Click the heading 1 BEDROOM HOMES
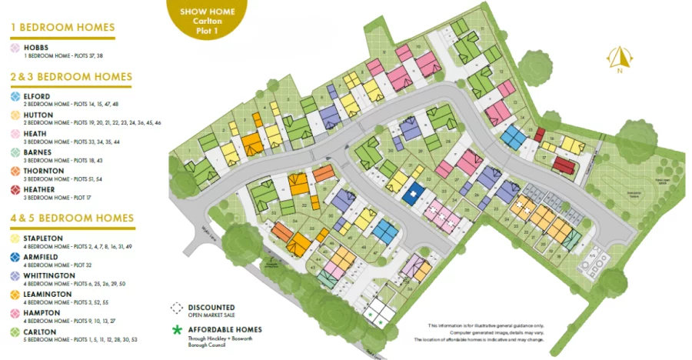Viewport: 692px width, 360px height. tap(62, 28)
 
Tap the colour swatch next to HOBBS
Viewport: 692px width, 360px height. tap(15, 48)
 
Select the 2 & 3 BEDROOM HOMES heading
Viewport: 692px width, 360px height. tap(72, 77)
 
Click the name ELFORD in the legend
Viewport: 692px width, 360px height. tap(37, 96)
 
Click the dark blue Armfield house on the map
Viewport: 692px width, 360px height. tap(414, 193)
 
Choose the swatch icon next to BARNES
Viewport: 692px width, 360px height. tap(15, 152)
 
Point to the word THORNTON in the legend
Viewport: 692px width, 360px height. tap(43, 171)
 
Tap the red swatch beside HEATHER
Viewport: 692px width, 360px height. tap(15, 189)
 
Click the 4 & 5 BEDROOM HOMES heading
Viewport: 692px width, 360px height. tap(72, 218)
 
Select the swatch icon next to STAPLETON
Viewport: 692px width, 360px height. tap(15, 238)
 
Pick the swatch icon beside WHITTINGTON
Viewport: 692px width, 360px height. tap(15, 275)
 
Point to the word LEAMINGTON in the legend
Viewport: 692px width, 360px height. tap(48, 294)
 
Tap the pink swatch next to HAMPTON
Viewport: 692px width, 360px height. tap(15, 313)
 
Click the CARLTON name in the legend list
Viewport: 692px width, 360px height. tap(41, 332)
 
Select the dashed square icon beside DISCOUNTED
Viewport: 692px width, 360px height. tap(177, 308)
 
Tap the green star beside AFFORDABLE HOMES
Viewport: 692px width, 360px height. tap(177, 331)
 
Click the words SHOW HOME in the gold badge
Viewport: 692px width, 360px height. tap(207, 12)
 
